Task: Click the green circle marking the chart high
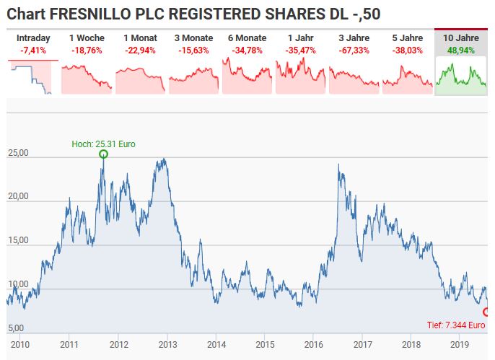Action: pos(103,154)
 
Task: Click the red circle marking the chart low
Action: pos(486,312)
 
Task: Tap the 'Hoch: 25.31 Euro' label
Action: pos(103,144)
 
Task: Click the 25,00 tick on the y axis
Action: pos(17,153)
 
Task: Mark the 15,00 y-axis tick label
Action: pos(17,240)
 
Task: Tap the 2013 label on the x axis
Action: pos(167,345)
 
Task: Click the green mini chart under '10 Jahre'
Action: pos(461,76)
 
